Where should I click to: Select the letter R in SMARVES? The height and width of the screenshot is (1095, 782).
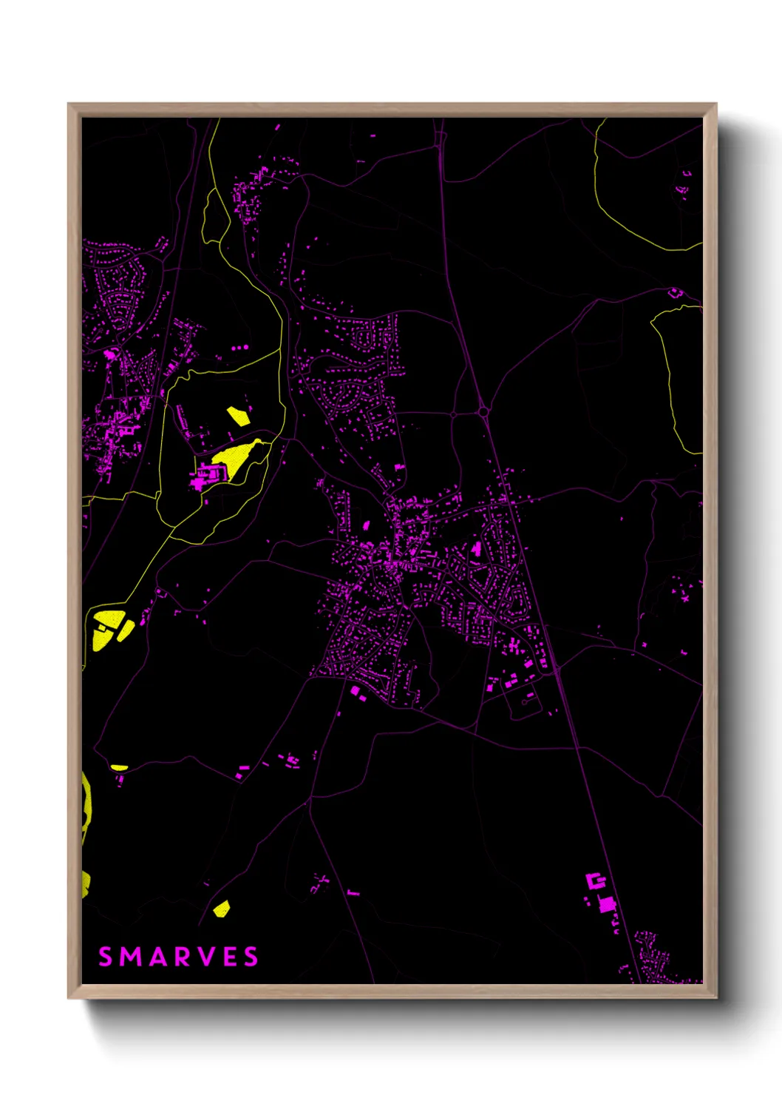click(179, 957)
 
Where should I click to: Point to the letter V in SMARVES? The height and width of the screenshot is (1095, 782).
click(203, 957)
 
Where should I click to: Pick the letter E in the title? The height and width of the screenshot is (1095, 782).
click(228, 957)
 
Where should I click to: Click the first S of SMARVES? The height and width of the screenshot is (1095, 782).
click(106, 957)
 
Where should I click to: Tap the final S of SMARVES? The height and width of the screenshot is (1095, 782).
click(251, 957)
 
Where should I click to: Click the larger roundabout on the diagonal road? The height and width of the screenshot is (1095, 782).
click(483, 411)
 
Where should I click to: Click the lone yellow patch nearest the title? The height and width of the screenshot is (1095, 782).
click(221, 908)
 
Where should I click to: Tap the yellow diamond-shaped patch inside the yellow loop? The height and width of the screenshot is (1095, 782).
click(238, 415)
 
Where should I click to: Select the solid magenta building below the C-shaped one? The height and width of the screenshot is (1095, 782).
click(608, 903)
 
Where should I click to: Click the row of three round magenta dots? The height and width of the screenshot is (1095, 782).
click(238, 346)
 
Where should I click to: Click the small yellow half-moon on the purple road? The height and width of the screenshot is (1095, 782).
click(119, 767)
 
